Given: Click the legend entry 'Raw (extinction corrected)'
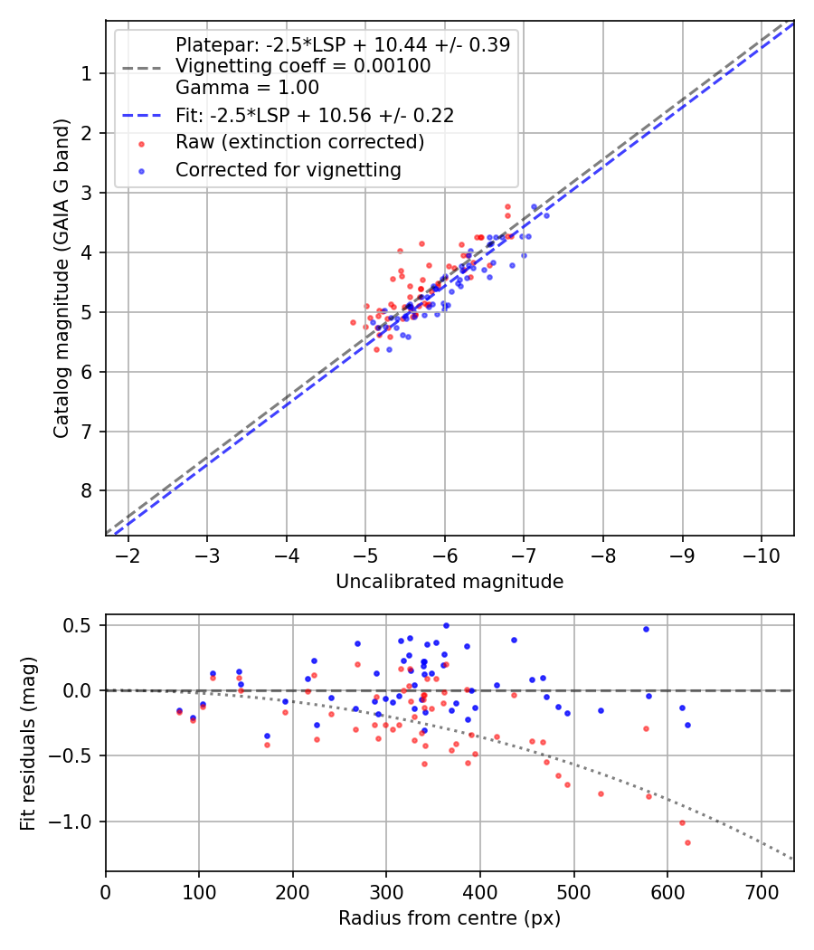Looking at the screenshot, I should coord(299,142).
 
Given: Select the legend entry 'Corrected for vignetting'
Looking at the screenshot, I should coord(288,169).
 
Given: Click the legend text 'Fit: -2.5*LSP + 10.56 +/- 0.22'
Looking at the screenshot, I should coord(314,115).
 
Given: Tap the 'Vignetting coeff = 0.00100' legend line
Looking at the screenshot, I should coord(303,66).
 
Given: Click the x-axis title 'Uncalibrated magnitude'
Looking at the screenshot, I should coord(450,582).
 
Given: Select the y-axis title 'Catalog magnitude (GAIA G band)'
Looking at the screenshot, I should coord(61,276).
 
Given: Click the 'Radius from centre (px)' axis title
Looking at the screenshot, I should coord(450,918).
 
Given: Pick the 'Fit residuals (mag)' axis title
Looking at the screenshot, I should coord(28,742).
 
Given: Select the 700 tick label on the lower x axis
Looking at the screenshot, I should coord(761,891).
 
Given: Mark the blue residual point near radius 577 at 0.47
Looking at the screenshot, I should coord(646,629).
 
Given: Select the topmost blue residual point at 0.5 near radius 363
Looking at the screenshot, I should coord(446,625).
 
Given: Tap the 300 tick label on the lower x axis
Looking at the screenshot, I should coord(386,891).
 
